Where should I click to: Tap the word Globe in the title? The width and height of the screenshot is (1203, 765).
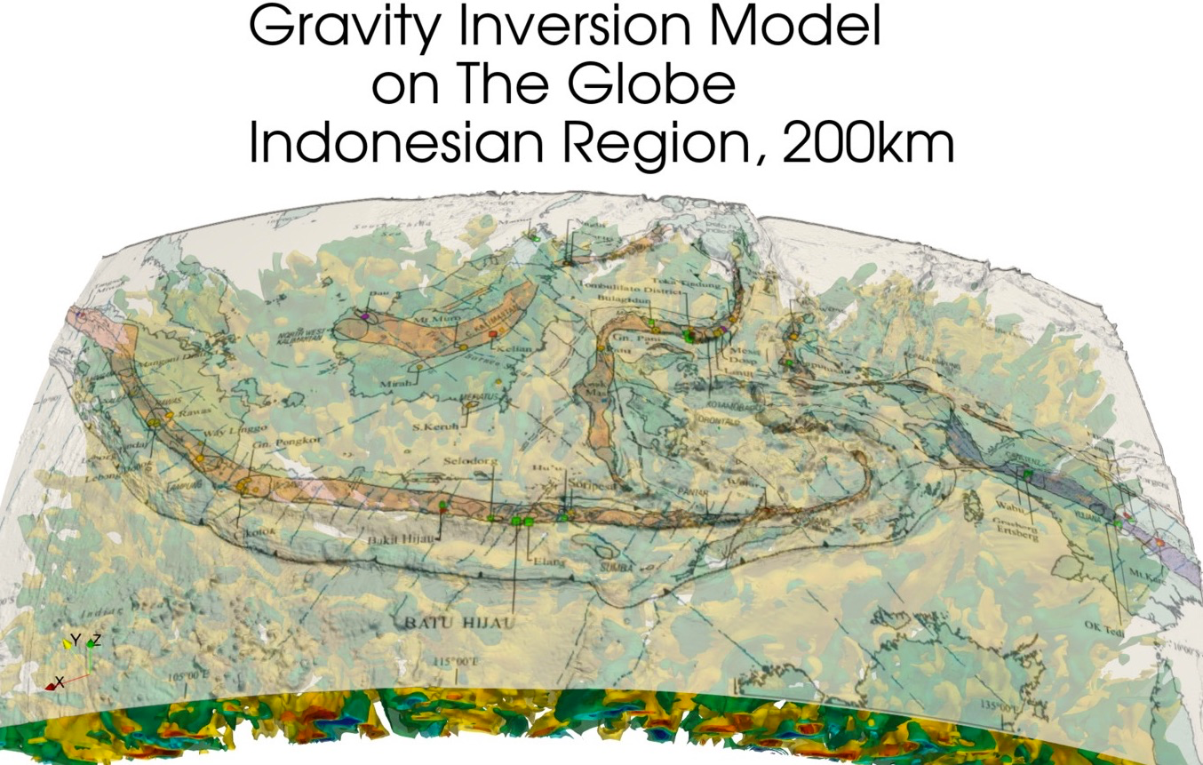(x=657, y=86)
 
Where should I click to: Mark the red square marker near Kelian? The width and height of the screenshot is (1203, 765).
(x=494, y=332)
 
